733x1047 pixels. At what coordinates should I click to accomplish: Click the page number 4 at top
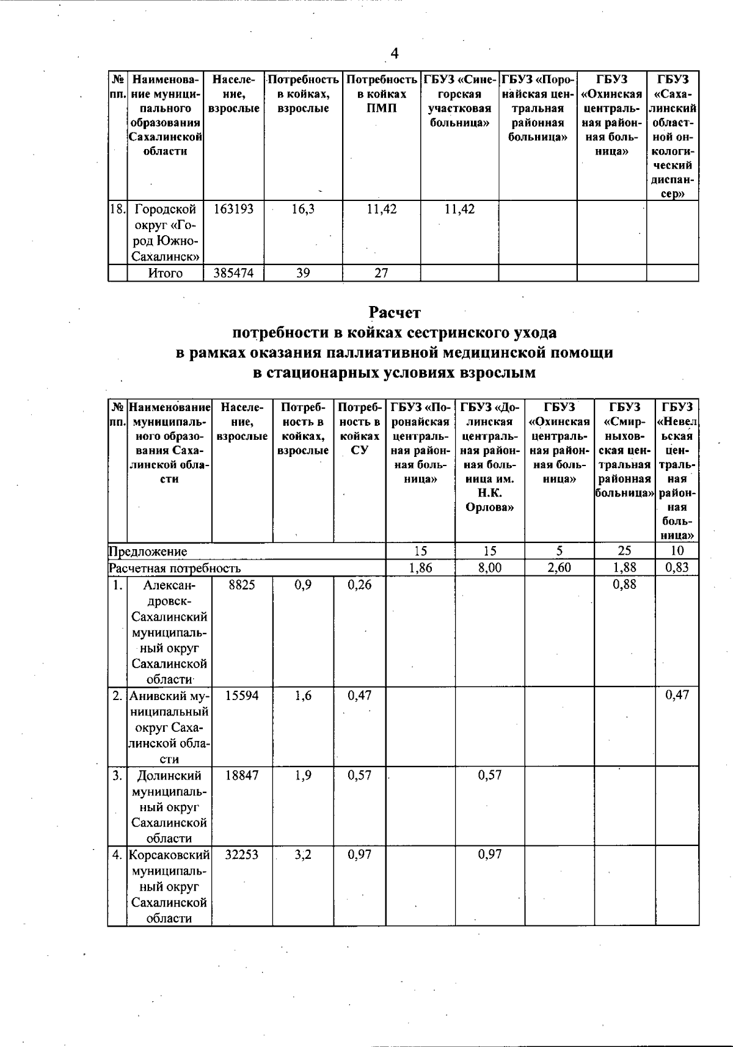point(395,54)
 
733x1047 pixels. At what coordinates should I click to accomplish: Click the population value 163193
point(233,210)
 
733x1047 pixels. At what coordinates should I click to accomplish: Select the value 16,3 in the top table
point(303,210)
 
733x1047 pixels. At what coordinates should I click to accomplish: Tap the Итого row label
point(166,273)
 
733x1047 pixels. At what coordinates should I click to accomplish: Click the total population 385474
point(233,273)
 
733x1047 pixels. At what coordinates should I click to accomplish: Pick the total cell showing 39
point(303,273)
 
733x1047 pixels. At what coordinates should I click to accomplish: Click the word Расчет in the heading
point(395,313)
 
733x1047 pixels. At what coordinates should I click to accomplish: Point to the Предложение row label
point(148,551)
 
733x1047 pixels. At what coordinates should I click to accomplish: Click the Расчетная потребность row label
point(175,567)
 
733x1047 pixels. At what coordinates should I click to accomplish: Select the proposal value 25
point(624,551)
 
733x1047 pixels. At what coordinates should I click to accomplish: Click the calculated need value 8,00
point(489,567)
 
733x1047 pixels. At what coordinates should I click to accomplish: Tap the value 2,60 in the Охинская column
point(559,567)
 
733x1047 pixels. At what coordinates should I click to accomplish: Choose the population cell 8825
point(241,585)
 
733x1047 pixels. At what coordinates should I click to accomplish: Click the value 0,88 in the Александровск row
point(624,585)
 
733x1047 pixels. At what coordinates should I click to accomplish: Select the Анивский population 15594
point(241,695)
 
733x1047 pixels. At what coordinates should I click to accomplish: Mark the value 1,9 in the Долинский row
point(303,775)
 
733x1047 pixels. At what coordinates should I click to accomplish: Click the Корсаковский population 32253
point(241,855)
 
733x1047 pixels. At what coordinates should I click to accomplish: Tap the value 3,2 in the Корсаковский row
point(303,855)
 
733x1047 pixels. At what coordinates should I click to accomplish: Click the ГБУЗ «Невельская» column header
point(677,470)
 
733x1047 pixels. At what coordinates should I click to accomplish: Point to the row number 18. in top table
point(117,210)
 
